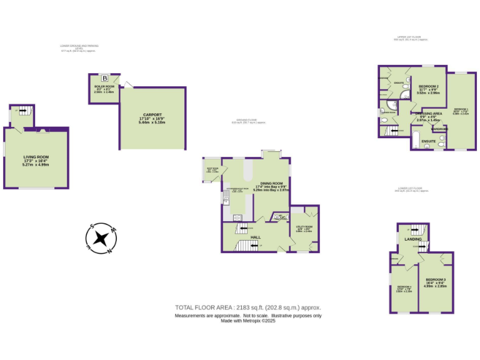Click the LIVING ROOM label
36,157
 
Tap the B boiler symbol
105,79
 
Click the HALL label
256,237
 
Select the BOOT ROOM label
212,169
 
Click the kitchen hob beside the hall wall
237,217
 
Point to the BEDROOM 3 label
436,279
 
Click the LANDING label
413,239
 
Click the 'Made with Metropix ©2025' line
248,321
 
